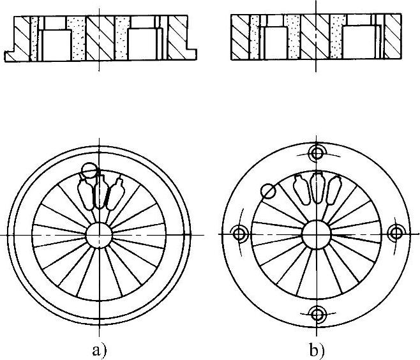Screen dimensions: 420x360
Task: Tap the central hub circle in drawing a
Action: click(100, 234)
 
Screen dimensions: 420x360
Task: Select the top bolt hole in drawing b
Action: click(317, 153)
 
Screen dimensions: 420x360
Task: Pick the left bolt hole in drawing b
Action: click(239, 234)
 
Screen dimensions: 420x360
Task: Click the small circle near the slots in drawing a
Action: click(89, 170)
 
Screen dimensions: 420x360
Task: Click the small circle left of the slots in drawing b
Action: click(269, 190)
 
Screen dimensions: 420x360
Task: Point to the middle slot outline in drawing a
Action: click(100, 194)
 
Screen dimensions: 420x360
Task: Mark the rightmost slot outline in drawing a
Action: click(115, 194)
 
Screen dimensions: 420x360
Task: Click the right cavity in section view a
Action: click(142, 44)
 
